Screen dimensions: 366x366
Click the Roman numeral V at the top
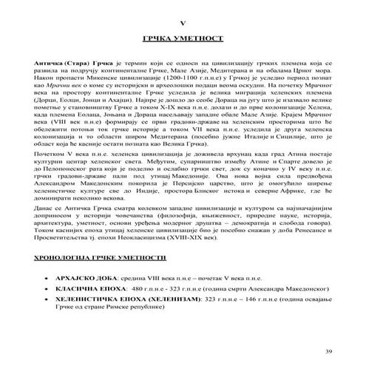pyautogui.click(x=183, y=24)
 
